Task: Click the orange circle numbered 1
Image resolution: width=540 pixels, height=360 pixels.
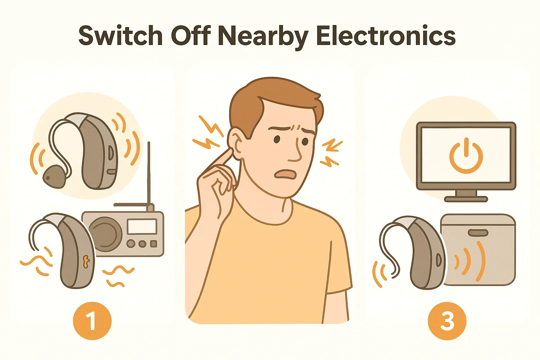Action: pyautogui.click(x=92, y=321)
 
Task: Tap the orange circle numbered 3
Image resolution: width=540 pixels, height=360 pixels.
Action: pyautogui.click(x=447, y=321)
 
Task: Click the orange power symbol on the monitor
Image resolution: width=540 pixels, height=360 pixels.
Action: pyautogui.click(x=466, y=155)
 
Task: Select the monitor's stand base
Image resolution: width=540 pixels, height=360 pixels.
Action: pyautogui.click(x=466, y=199)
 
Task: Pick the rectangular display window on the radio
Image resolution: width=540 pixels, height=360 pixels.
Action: pyautogui.click(x=142, y=226)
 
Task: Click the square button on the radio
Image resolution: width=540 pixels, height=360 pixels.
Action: pyautogui.click(x=154, y=244)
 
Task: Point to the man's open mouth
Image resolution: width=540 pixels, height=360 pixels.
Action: pyautogui.click(x=285, y=174)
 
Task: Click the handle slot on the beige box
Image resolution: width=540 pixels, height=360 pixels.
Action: pyautogui.click(x=478, y=233)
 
